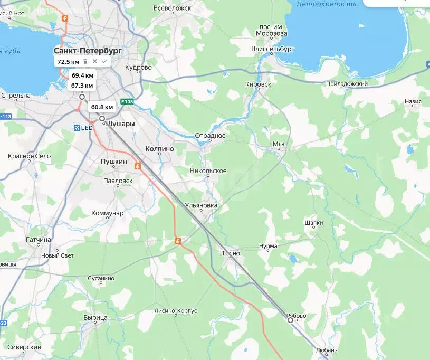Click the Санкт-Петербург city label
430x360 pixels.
(88, 51)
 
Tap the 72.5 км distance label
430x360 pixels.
(68, 62)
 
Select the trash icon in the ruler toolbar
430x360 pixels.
(85, 62)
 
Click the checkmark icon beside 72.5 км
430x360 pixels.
(104, 62)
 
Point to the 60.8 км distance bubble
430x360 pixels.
(102, 107)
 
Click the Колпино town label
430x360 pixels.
(159, 149)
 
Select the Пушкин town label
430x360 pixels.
(114, 162)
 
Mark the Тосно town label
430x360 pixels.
(231, 253)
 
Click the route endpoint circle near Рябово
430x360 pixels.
(290, 320)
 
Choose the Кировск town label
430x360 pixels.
(258, 84)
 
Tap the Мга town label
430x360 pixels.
(279, 143)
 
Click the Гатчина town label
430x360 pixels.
(39, 239)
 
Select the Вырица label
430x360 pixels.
(95, 317)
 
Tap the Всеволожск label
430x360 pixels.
(172, 8)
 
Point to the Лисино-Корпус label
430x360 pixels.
(176, 311)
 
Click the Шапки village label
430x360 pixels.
(313, 223)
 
